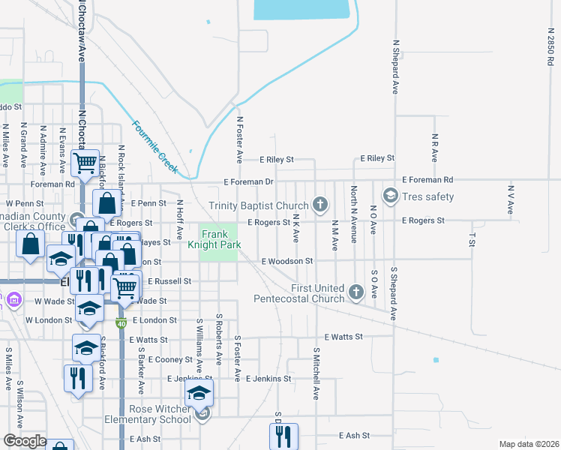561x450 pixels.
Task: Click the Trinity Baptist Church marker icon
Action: coord(320,205)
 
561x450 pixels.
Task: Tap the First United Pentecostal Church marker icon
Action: coord(356,289)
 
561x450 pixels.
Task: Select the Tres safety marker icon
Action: coord(389,196)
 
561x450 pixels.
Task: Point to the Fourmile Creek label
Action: coord(151,143)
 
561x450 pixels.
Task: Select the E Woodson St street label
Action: coord(286,261)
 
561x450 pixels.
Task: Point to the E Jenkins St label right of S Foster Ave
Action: coord(268,379)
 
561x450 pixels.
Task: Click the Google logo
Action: coord(25,441)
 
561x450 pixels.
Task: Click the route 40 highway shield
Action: coord(121,323)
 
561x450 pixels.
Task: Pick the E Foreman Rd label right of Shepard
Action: coord(427,180)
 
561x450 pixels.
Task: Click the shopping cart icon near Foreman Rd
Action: coord(85,161)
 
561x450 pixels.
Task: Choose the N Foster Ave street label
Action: coord(240,139)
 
